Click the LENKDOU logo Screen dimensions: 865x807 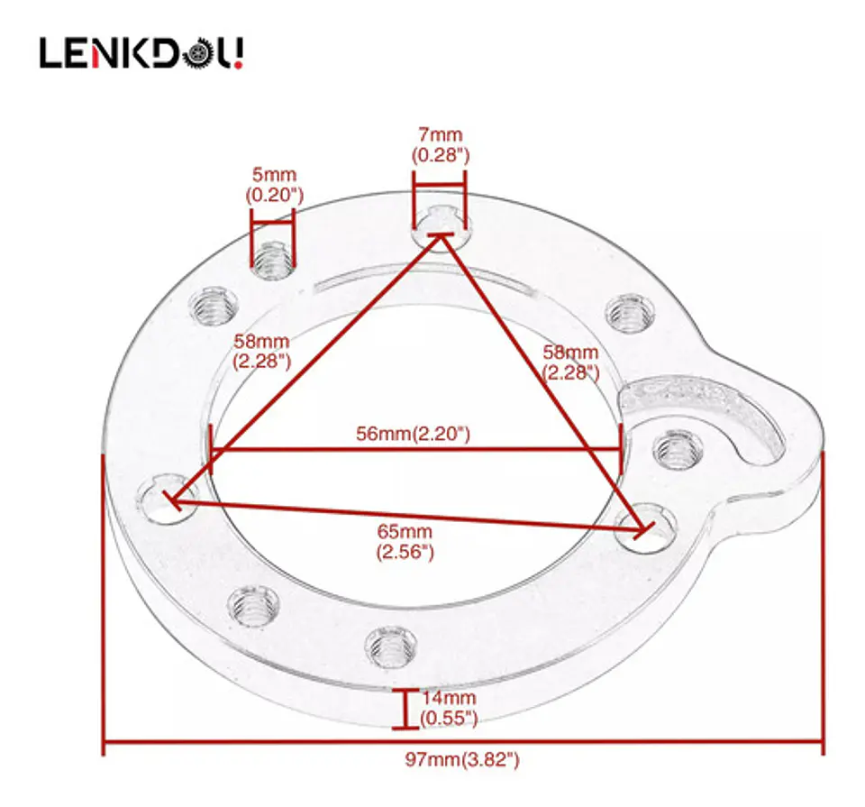[141, 53]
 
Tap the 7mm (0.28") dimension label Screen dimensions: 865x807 [441, 145]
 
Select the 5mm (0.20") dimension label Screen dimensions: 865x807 [274, 185]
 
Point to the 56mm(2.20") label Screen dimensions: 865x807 [413, 434]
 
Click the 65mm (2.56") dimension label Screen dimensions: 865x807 [405, 542]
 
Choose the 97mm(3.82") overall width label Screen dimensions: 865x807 [462, 759]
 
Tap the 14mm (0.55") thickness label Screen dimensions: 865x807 [449, 708]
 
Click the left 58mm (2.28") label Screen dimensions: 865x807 [261, 352]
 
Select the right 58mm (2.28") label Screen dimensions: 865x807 [570, 362]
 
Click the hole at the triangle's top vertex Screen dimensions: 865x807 [442, 227]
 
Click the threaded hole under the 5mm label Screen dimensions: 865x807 [272, 260]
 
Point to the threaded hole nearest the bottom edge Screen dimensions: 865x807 [390, 647]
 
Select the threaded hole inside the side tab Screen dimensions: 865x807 [678, 450]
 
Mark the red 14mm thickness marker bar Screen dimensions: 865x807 [405, 709]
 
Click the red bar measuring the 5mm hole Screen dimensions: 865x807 [272, 224]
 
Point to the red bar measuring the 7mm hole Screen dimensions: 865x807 [440, 186]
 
